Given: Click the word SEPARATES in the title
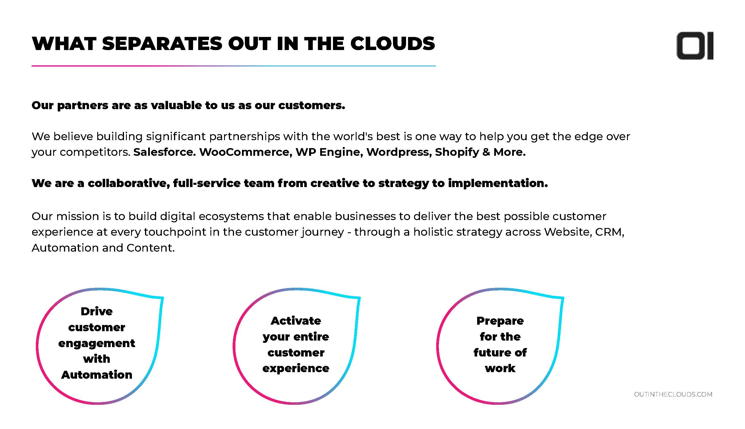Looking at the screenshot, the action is (162, 43).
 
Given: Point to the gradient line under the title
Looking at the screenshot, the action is (233, 66).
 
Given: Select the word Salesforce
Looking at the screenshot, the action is (164, 152).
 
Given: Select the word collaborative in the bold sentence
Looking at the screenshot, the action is (129, 183).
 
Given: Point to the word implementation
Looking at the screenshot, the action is (498, 184).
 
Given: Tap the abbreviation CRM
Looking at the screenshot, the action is (609, 232).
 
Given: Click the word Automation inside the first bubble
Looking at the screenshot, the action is (97, 375).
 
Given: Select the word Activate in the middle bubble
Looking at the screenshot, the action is (296, 321).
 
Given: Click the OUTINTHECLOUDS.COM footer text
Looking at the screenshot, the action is (673, 394).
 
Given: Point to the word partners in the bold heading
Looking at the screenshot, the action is (82, 105).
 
